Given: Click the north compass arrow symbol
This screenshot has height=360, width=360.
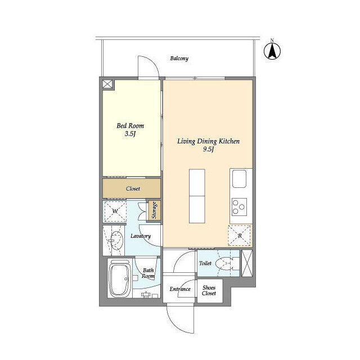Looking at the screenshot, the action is [272, 51].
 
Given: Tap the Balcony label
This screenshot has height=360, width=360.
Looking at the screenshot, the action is [179, 58].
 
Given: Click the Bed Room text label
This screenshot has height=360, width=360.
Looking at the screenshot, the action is [130, 125].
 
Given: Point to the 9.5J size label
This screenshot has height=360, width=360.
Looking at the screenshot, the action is [208, 150].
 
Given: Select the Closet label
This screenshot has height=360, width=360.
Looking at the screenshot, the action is [133, 188].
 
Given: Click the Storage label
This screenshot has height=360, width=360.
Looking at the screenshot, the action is [154, 210].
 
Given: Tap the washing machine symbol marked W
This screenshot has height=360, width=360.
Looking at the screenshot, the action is [115, 211].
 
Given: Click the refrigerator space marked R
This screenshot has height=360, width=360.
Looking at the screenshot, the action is [239, 236].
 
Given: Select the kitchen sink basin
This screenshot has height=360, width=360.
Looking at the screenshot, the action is [239, 179].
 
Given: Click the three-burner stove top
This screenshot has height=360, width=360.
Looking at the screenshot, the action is [239, 207].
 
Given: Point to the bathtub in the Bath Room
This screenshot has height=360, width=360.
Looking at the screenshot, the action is [120, 278].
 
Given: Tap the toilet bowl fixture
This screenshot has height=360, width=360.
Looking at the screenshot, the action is [227, 264].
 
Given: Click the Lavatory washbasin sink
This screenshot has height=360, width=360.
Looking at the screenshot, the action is [116, 240].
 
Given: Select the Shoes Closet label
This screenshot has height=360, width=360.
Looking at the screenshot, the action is [209, 290].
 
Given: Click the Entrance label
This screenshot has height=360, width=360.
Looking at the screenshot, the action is [180, 289].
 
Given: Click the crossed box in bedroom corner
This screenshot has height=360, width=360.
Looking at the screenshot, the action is [108, 84].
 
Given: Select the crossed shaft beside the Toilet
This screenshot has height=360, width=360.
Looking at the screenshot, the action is [247, 263].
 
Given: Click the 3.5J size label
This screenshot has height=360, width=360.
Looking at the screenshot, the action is [130, 134].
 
